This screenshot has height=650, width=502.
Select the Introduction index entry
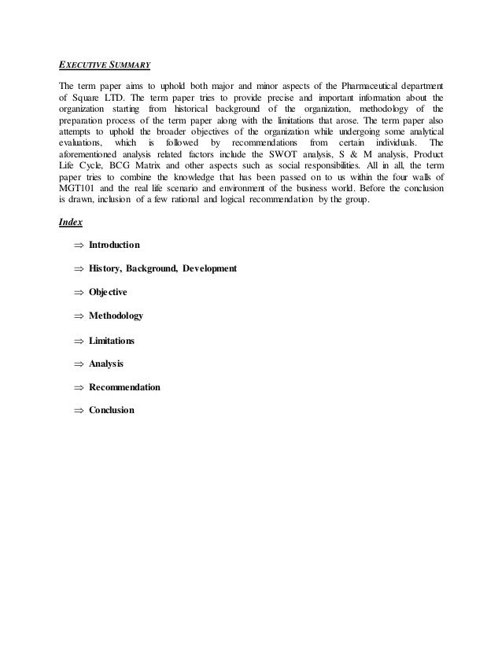[x=115, y=246]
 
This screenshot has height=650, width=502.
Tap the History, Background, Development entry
[x=163, y=269]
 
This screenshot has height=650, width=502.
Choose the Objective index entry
[x=109, y=292]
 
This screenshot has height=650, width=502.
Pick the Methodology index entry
[x=116, y=316]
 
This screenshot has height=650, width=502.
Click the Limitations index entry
[x=112, y=341]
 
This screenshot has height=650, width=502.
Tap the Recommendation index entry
[x=125, y=387]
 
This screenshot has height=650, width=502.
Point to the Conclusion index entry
[x=112, y=410]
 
